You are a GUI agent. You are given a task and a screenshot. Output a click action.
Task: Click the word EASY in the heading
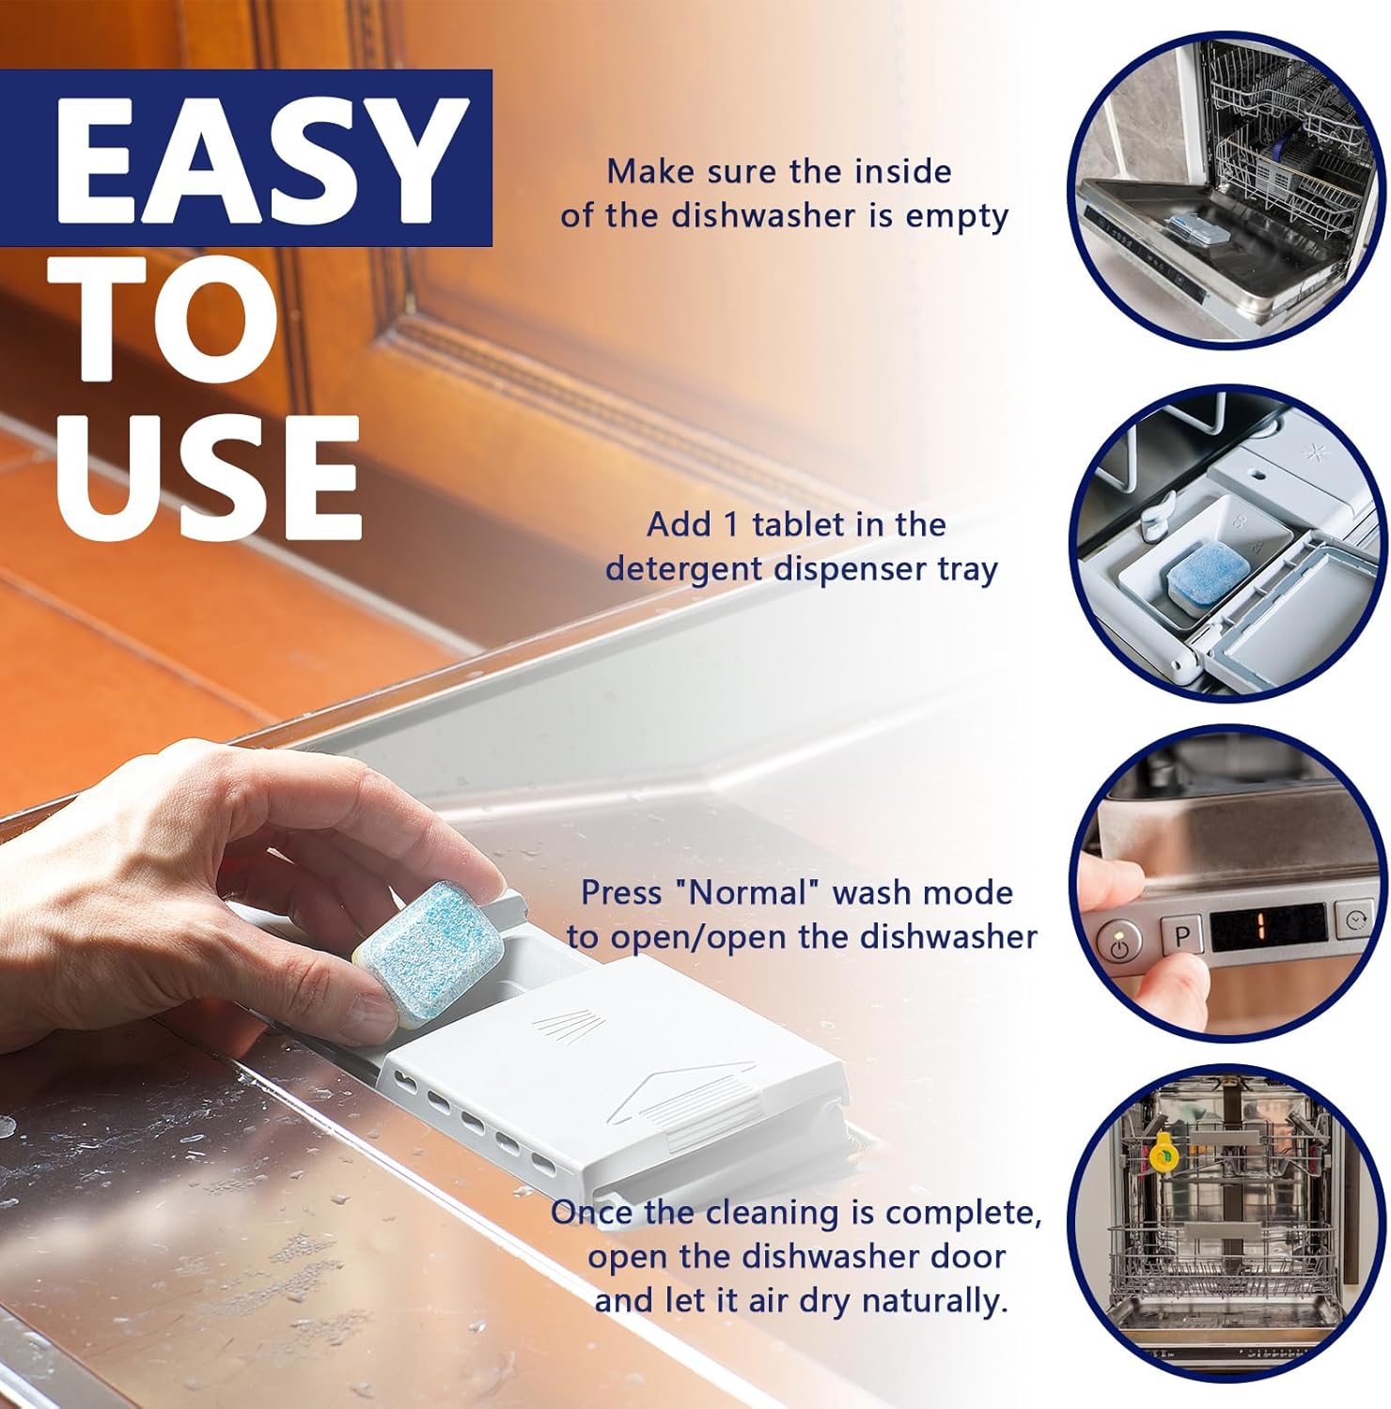pos(262,159)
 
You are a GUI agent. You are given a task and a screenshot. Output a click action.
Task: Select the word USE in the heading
pos(209,477)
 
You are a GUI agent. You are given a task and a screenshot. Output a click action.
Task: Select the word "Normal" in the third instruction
pos(749,891)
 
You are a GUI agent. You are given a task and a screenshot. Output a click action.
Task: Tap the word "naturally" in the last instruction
pos(934,1302)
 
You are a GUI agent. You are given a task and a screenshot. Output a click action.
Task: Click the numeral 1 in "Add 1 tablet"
pos(730,524)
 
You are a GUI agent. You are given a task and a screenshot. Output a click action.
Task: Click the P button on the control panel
pos(1182,935)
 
